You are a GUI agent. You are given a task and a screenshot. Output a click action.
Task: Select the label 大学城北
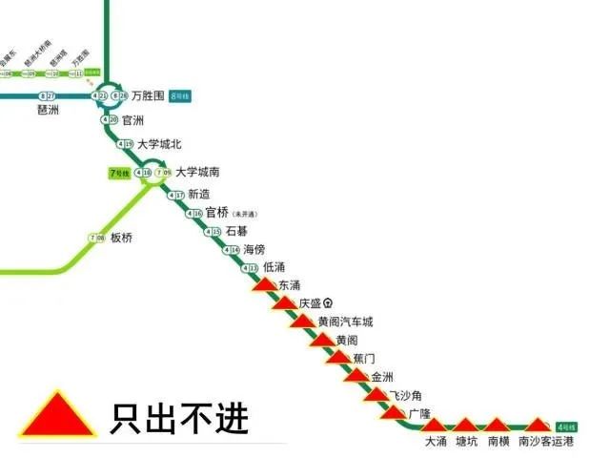click(x=158, y=145)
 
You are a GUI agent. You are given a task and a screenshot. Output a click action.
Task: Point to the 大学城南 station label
click(x=198, y=173)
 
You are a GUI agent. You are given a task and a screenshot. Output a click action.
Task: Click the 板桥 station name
click(x=122, y=238)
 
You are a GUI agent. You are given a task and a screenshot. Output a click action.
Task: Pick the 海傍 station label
click(x=254, y=249)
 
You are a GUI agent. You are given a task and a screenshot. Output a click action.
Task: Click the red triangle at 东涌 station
click(x=264, y=284)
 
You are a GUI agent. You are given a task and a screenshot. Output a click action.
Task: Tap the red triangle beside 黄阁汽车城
click(x=303, y=322)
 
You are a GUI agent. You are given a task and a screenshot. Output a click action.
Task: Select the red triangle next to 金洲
click(x=356, y=375)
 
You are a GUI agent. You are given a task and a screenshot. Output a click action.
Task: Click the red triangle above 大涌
click(x=435, y=424)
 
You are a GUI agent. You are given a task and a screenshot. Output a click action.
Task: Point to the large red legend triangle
click(x=58, y=418)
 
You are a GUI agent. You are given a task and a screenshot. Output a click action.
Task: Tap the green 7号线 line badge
click(x=119, y=174)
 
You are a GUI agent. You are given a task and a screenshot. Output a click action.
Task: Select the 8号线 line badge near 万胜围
click(x=180, y=96)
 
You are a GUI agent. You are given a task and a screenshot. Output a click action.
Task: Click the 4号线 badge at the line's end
click(x=566, y=425)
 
